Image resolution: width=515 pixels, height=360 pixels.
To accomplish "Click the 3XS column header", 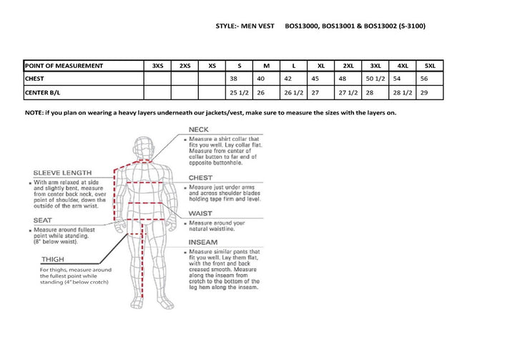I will (x=157, y=66).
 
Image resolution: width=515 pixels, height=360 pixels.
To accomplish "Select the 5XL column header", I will (x=429, y=66).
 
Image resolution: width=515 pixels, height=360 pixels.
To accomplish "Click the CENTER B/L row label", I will (x=44, y=92).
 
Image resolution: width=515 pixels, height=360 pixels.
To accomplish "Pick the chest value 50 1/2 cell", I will (x=376, y=79).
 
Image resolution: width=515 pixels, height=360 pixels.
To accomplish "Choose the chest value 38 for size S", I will (x=232, y=79).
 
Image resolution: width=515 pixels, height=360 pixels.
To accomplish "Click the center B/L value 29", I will (x=424, y=92).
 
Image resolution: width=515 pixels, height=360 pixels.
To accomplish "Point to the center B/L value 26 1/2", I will (x=294, y=92).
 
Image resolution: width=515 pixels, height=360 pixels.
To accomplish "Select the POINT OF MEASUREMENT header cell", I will (x=64, y=66).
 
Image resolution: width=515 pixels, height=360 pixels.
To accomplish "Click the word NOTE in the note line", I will (x=34, y=113).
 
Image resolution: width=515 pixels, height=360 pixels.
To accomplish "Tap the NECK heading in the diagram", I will (x=198, y=130).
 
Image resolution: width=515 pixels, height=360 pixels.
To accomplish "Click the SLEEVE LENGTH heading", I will (x=62, y=172).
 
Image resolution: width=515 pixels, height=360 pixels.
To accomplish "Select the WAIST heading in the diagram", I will (x=200, y=213).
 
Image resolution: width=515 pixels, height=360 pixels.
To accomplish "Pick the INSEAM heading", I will (x=203, y=242).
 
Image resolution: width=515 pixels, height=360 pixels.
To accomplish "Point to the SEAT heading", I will (x=42, y=220).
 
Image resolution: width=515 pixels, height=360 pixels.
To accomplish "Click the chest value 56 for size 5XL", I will (x=424, y=79).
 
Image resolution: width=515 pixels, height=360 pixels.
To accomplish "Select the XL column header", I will (x=321, y=66).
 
